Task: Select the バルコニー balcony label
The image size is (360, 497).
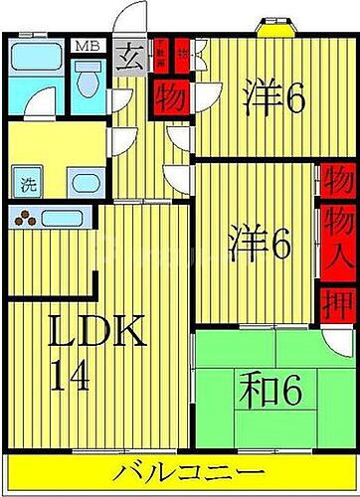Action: tap(181, 472)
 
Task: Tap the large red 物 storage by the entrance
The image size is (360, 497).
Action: tap(165, 99)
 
